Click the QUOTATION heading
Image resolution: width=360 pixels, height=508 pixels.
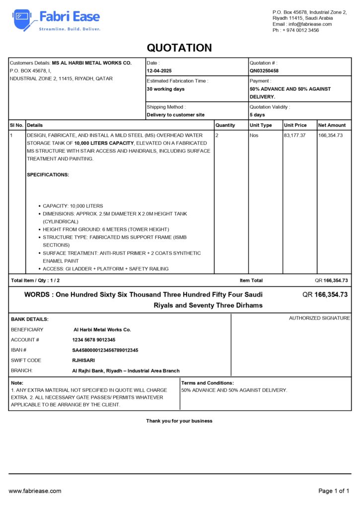(x=179, y=48)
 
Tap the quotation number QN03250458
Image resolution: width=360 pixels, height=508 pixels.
(x=264, y=71)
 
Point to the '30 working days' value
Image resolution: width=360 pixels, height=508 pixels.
(x=165, y=89)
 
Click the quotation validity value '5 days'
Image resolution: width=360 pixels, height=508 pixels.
(x=257, y=115)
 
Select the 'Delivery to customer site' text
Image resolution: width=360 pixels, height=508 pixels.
(x=175, y=115)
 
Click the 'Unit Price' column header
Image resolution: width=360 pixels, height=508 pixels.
(x=295, y=125)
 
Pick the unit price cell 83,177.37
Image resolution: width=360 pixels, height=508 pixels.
(x=294, y=135)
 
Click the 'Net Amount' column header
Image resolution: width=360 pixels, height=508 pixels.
(x=332, y=125)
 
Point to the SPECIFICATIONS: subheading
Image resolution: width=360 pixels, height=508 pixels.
(x=48, y=175)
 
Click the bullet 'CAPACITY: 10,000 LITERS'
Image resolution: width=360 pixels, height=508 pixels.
(x=73, y=206)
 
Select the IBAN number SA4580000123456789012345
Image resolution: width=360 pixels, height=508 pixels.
(x=105, y=350)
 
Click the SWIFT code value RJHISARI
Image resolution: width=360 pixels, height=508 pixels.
(x=83, y=360)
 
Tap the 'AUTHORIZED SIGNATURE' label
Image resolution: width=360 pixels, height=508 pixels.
(x=319, y=318)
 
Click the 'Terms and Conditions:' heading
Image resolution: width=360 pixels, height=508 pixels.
(x=208, y=383)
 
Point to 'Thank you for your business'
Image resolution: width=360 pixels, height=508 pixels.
(x=179, y=421)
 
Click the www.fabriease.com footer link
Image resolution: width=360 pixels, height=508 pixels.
(x=35, y=491)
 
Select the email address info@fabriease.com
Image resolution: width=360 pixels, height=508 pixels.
(x=309, y=24)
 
